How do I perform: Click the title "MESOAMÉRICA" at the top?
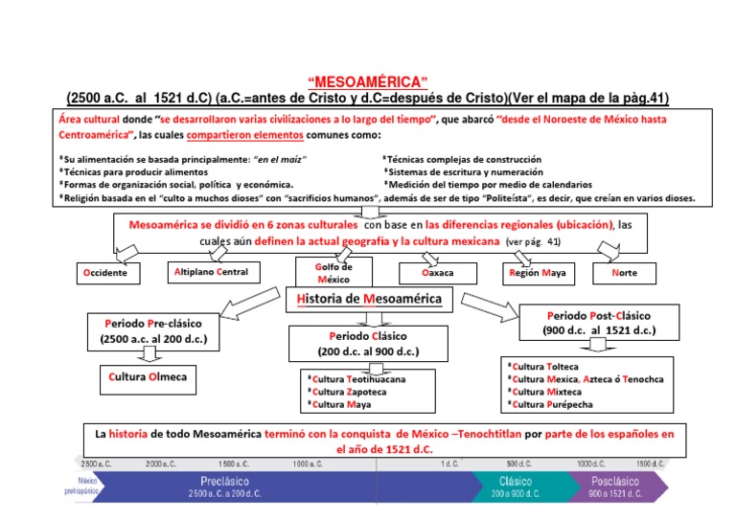click(x=367, y=81)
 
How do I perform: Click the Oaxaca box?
click(x=437, y=273)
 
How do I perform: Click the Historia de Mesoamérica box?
click(x=369, y=299)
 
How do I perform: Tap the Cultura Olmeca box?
click(x=148, y=378)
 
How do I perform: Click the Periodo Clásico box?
click(x=369, y=344)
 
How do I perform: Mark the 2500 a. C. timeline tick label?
click(x=97, y=463)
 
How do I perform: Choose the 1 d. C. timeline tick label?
click(x=449, y=463)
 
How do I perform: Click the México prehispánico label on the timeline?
click(x=88, y=486)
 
